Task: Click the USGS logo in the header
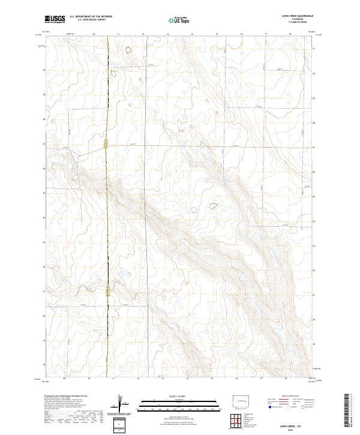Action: tap(55, 19)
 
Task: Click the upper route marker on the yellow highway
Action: tap(106, 143)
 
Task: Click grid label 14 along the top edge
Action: tap(192, 34)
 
